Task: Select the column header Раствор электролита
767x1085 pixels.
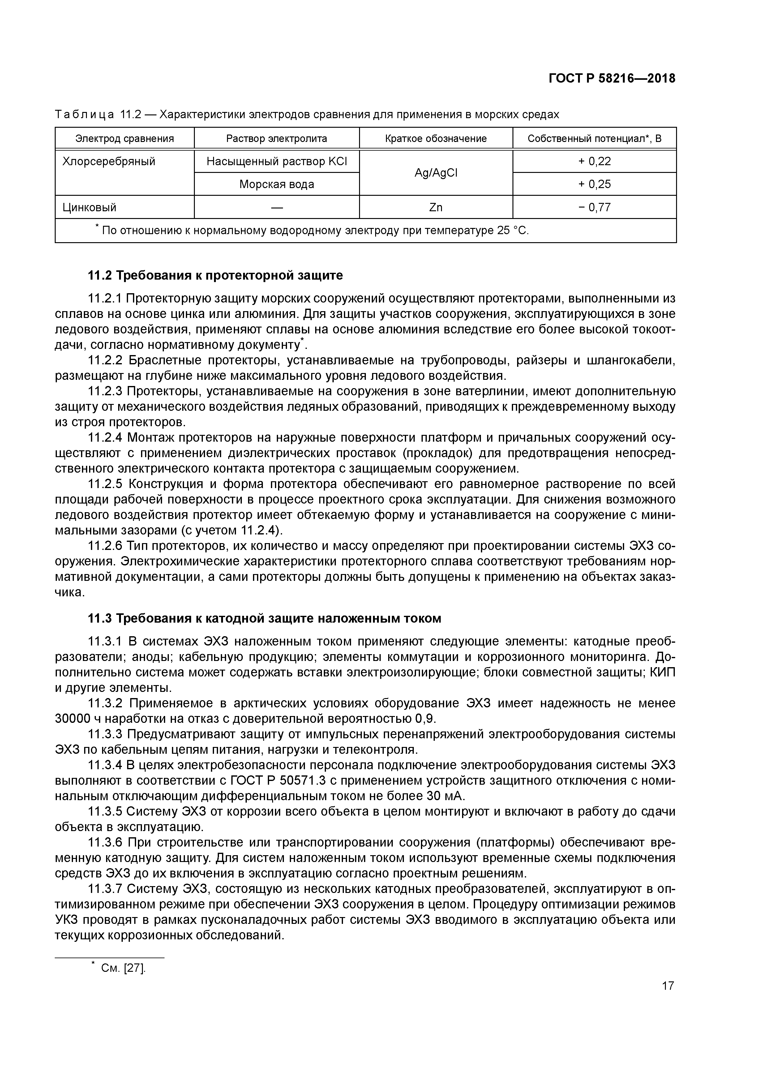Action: click(x=276, y=139)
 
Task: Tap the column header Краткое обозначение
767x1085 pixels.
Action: click(x=436, y=139)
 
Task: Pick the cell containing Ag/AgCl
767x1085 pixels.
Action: click(x=436, y=173)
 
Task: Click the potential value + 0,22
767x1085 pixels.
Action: click(x=594, y=162)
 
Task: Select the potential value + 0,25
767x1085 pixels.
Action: click(x=594, y=184)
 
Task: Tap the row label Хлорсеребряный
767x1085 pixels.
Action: click(x=109, y=162)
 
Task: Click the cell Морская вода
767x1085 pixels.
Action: click(x=276, y=184)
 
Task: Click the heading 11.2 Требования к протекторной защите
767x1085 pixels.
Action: click(x=216, y=275)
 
